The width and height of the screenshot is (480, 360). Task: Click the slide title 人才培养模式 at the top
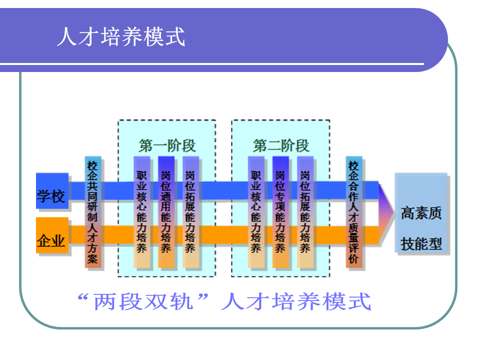(x=121, y=36)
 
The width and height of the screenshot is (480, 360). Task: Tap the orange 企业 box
(x=52, y=241)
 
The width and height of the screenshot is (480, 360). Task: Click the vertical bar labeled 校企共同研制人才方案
(x=93, y=212)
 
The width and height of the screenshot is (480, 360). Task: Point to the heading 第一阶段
(x=167, y=145)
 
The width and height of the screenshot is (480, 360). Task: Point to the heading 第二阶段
(x=281, y=145)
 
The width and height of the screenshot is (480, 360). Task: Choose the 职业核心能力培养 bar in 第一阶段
(x=142, y=212)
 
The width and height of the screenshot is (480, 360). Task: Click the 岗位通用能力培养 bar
(x=166, y=212)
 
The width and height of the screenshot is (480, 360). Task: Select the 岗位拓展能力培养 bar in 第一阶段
(x=190, y=212)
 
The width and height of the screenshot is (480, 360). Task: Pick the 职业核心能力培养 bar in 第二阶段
(x=256, y=212)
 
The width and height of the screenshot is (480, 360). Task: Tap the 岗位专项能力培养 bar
(x=280, y=212)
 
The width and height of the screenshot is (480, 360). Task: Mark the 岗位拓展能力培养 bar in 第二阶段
(x=305, y=212)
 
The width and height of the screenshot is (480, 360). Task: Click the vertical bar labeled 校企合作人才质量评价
(x=354, y=212)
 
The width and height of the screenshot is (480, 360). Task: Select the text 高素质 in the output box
(x=421, y=214)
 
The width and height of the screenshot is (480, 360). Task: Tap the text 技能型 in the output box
(x=421, y=243)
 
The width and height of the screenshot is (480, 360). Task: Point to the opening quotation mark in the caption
(x=84, y=298)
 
